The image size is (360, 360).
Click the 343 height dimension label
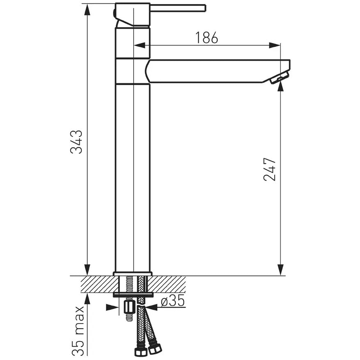(76, 142)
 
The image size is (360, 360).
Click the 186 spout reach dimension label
(206, 38)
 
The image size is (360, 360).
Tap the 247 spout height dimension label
(269, 170)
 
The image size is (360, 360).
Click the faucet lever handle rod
(178, 8)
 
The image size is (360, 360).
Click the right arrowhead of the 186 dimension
(275, 45)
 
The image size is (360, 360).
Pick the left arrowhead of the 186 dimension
(139, 45)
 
